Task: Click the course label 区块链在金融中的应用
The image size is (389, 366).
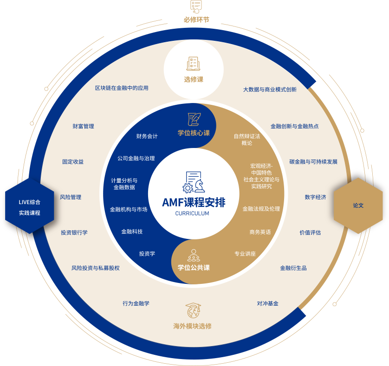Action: [122, 88]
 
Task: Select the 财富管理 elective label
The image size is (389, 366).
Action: [83, 126]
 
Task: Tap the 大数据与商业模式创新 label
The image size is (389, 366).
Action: [270, 89]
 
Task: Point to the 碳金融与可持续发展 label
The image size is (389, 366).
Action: [313, 162]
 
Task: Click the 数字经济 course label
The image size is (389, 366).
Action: [315, 197]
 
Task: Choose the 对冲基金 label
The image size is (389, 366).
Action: [267, 303]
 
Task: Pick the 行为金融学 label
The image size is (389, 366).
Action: [136, 303]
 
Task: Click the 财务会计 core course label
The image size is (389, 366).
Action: [147, 136]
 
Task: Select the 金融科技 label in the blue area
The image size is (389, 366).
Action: [132, 231]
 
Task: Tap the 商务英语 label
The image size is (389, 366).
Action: [260, 231]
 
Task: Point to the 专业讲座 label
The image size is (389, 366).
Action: [245, 254]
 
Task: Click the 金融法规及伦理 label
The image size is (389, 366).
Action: [261, 209]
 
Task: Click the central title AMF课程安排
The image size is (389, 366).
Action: [194, 202]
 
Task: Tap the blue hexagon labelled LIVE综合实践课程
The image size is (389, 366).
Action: [30, 207]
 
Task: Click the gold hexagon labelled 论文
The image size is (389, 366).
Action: [358, 205]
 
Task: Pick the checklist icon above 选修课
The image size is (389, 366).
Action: [194, 64]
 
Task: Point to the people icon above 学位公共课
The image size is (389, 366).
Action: [194, 255]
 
